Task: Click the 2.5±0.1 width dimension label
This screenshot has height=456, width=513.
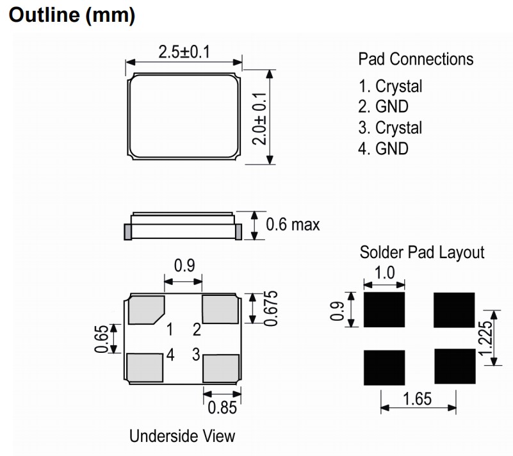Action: tap(184, 52)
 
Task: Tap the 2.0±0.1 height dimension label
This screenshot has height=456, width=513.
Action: tap(259, 118)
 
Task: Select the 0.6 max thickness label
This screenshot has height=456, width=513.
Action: tap(293, 225)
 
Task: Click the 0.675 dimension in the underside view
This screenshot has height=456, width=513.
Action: tap(270, 309)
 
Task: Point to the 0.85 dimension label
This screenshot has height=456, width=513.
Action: tap(222, 407)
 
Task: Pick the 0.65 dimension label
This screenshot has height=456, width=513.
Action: tap(101, 339)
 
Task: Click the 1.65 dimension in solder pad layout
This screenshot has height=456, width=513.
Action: tap(417, 399)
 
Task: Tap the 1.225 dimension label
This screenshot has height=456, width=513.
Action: tap(485, 338)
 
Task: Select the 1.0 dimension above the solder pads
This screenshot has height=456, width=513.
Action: tap(384, 272)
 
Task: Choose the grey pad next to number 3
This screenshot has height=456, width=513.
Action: tap(221, 368)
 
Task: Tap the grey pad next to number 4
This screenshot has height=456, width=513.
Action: tap(145, 368)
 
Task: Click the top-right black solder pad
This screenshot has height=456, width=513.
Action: tap(454, 310)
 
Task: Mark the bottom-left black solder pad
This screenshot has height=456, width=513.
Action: tap(384, 368)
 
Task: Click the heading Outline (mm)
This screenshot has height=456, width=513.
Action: tap(72, 15)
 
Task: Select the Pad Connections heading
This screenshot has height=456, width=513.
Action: tap(416, 59)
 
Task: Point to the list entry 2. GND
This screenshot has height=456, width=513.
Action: tap(383, 107)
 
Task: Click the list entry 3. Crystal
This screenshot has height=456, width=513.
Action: tap(390, 127)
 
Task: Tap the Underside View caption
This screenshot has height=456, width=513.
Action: tap(183, 436)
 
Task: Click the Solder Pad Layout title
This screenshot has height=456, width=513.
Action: tap(422, 252)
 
